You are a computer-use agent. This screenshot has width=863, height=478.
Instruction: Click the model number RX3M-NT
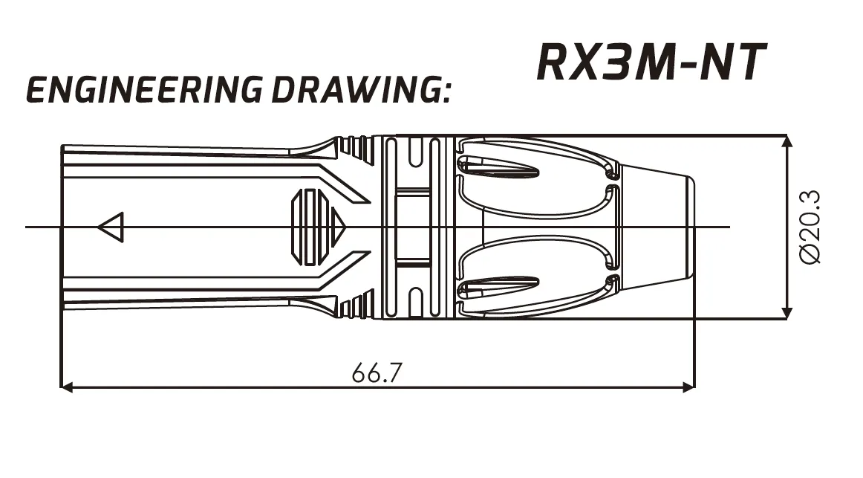[651, 62]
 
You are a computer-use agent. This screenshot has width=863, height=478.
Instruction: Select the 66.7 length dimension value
[377, 373]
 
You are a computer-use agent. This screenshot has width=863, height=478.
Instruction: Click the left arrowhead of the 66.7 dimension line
[66, 387]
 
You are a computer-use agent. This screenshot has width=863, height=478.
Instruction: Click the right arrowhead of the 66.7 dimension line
[688, 387]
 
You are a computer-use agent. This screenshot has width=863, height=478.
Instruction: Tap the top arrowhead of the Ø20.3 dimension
[787, 141]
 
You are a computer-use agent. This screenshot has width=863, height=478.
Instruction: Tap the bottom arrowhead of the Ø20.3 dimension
[787, 312]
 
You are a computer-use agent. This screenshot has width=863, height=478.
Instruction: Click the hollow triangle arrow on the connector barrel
[111, 227]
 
